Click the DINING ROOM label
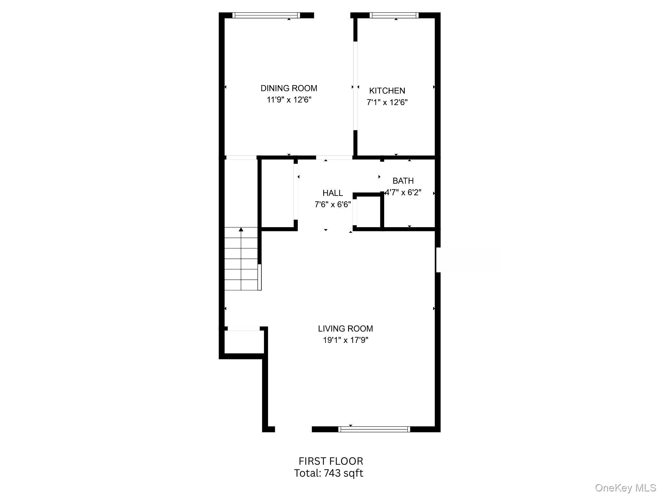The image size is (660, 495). tap(289, 88)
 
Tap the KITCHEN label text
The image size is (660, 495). tap(387, 91)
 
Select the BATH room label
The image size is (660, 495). tap(403, 181)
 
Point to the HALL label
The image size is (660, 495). tap(333, 193)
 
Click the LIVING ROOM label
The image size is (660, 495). tap(345, 329)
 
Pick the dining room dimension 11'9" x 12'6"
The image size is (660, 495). tap(289, 100)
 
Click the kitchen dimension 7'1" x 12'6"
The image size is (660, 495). tap(387, 102)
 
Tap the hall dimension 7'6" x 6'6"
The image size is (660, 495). tap(333, 205)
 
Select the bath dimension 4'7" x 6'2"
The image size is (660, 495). tap(403, 193)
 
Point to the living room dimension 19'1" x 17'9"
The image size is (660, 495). tap(345, 340)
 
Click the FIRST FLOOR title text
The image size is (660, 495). tap(331, 461)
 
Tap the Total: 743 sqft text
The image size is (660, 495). tap(328, 473)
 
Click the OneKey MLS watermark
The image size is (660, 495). tap(625, 488)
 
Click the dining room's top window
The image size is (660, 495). tap(266, 15)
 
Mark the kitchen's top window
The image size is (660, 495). tap(394, 15)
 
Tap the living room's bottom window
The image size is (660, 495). tap(374, 429)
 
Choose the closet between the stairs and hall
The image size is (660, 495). tap(277, 193)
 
